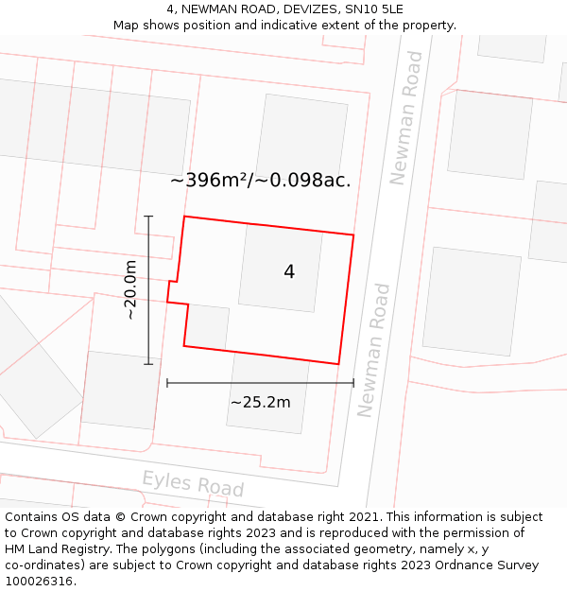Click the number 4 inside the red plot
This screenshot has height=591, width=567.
tap(289, 272)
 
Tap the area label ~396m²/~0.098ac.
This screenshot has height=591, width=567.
tap(260, 181)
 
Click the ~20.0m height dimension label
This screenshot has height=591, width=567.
tap(131, 289)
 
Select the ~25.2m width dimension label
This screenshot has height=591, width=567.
tap(260, 402)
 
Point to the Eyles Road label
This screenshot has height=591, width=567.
tap(193, 483)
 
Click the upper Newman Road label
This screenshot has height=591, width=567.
tap(407, 117)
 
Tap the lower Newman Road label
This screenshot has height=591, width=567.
tap(373, 349)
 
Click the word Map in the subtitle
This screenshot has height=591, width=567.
tap(127, 26)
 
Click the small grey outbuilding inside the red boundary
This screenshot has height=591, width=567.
tap(208, 326)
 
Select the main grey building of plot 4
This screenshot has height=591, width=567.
tap(281, 269)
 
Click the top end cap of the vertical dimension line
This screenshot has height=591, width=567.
tap(148, 217)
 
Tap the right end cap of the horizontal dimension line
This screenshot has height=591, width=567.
tap(353, 383)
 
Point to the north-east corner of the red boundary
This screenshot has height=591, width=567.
tap(353, 235)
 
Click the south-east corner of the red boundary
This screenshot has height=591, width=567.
tap(338, 363)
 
